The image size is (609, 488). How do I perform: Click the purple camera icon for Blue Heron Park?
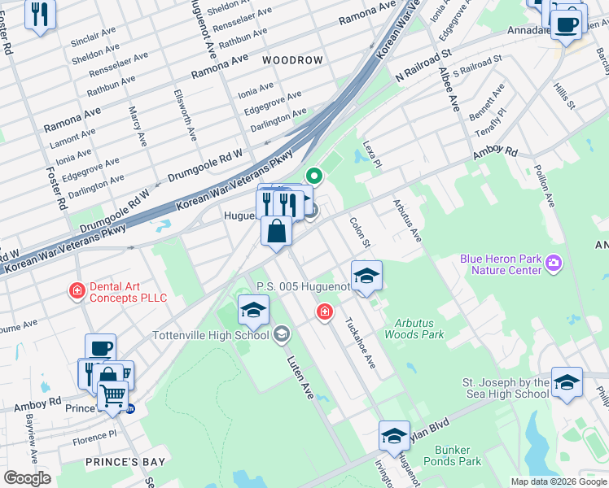point(554,262)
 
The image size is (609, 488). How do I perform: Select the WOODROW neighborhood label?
point(292,60)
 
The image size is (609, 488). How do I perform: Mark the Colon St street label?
point(360,233)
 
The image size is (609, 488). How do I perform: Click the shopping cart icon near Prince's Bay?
point(113,396)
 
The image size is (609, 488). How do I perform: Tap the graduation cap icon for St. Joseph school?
point(567,381)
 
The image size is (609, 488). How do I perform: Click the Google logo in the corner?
point(28,478)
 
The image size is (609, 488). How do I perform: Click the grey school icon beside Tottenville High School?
point(281,334)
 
